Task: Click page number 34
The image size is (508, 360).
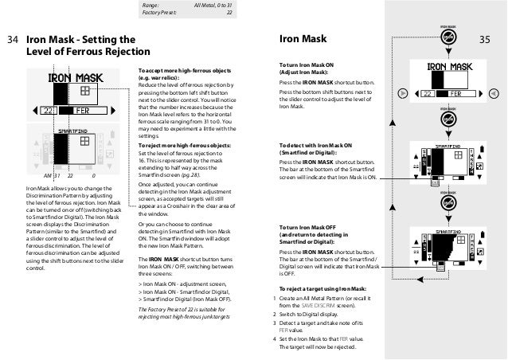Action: click(12, 38)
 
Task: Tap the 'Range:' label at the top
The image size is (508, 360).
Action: click(150, 5)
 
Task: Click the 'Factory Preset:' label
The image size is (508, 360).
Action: click(158, 13)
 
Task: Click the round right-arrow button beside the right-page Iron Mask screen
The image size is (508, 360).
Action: click(494, 92)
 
